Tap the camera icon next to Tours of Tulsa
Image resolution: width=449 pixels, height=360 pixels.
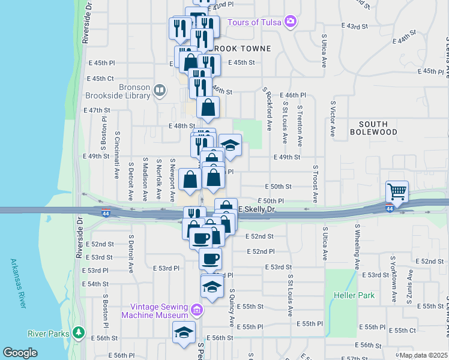pos(291,22)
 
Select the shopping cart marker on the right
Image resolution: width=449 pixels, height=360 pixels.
pos(397,192)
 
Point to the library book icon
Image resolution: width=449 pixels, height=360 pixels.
pos(160,91)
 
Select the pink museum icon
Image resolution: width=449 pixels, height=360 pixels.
pos(197,310)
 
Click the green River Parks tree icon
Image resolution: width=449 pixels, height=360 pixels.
pos(78,333)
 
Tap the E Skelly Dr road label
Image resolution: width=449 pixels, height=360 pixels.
pos(256,209)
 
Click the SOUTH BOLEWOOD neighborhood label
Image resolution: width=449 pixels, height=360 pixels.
pos(373,127)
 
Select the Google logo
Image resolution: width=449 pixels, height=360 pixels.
pos(20,352)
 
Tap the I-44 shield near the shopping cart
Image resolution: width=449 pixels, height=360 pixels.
pos(390,208)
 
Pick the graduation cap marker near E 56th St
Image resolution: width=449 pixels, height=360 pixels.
pos(184,332)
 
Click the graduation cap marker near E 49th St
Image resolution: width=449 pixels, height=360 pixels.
pos(230,145)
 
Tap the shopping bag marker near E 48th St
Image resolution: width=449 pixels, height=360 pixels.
pos(208,108)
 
